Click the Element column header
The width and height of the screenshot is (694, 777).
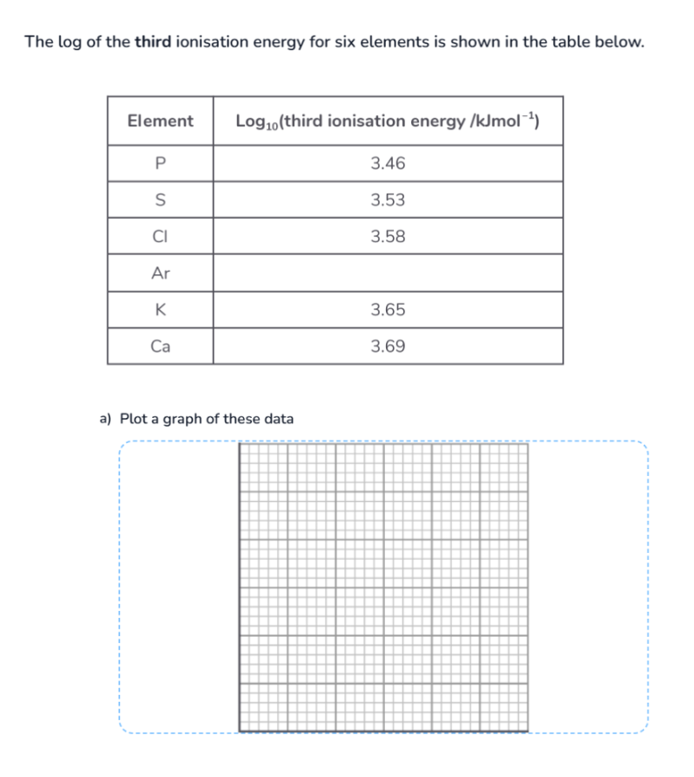(x=160, y=121)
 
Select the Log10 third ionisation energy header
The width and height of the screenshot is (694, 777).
(x=388, y=121)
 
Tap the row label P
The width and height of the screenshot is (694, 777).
(x=160, y=164)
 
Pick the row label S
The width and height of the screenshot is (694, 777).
(x=160, y=200)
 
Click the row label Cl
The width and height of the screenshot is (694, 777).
(x=160, y=236)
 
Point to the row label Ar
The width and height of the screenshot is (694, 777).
(x=160, y=273)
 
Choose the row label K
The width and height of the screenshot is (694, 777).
(x=160, y=310)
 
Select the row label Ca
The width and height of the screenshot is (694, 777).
(x=160, y=346)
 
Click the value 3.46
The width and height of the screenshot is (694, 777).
(x=388, y=164)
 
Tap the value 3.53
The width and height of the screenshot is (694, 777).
(x=388, y=200)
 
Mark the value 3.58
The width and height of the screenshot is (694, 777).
(x=388, y=236)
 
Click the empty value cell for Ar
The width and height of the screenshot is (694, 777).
(x=388, y=273)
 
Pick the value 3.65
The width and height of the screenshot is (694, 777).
(x=388, y=310)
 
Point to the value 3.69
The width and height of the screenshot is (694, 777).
(x=388, y=346)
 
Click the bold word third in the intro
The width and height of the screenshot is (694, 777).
(x=154, y=42)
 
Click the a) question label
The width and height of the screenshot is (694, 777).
(x=106, y=419)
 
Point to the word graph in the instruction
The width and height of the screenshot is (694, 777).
(x=183, y=419)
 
